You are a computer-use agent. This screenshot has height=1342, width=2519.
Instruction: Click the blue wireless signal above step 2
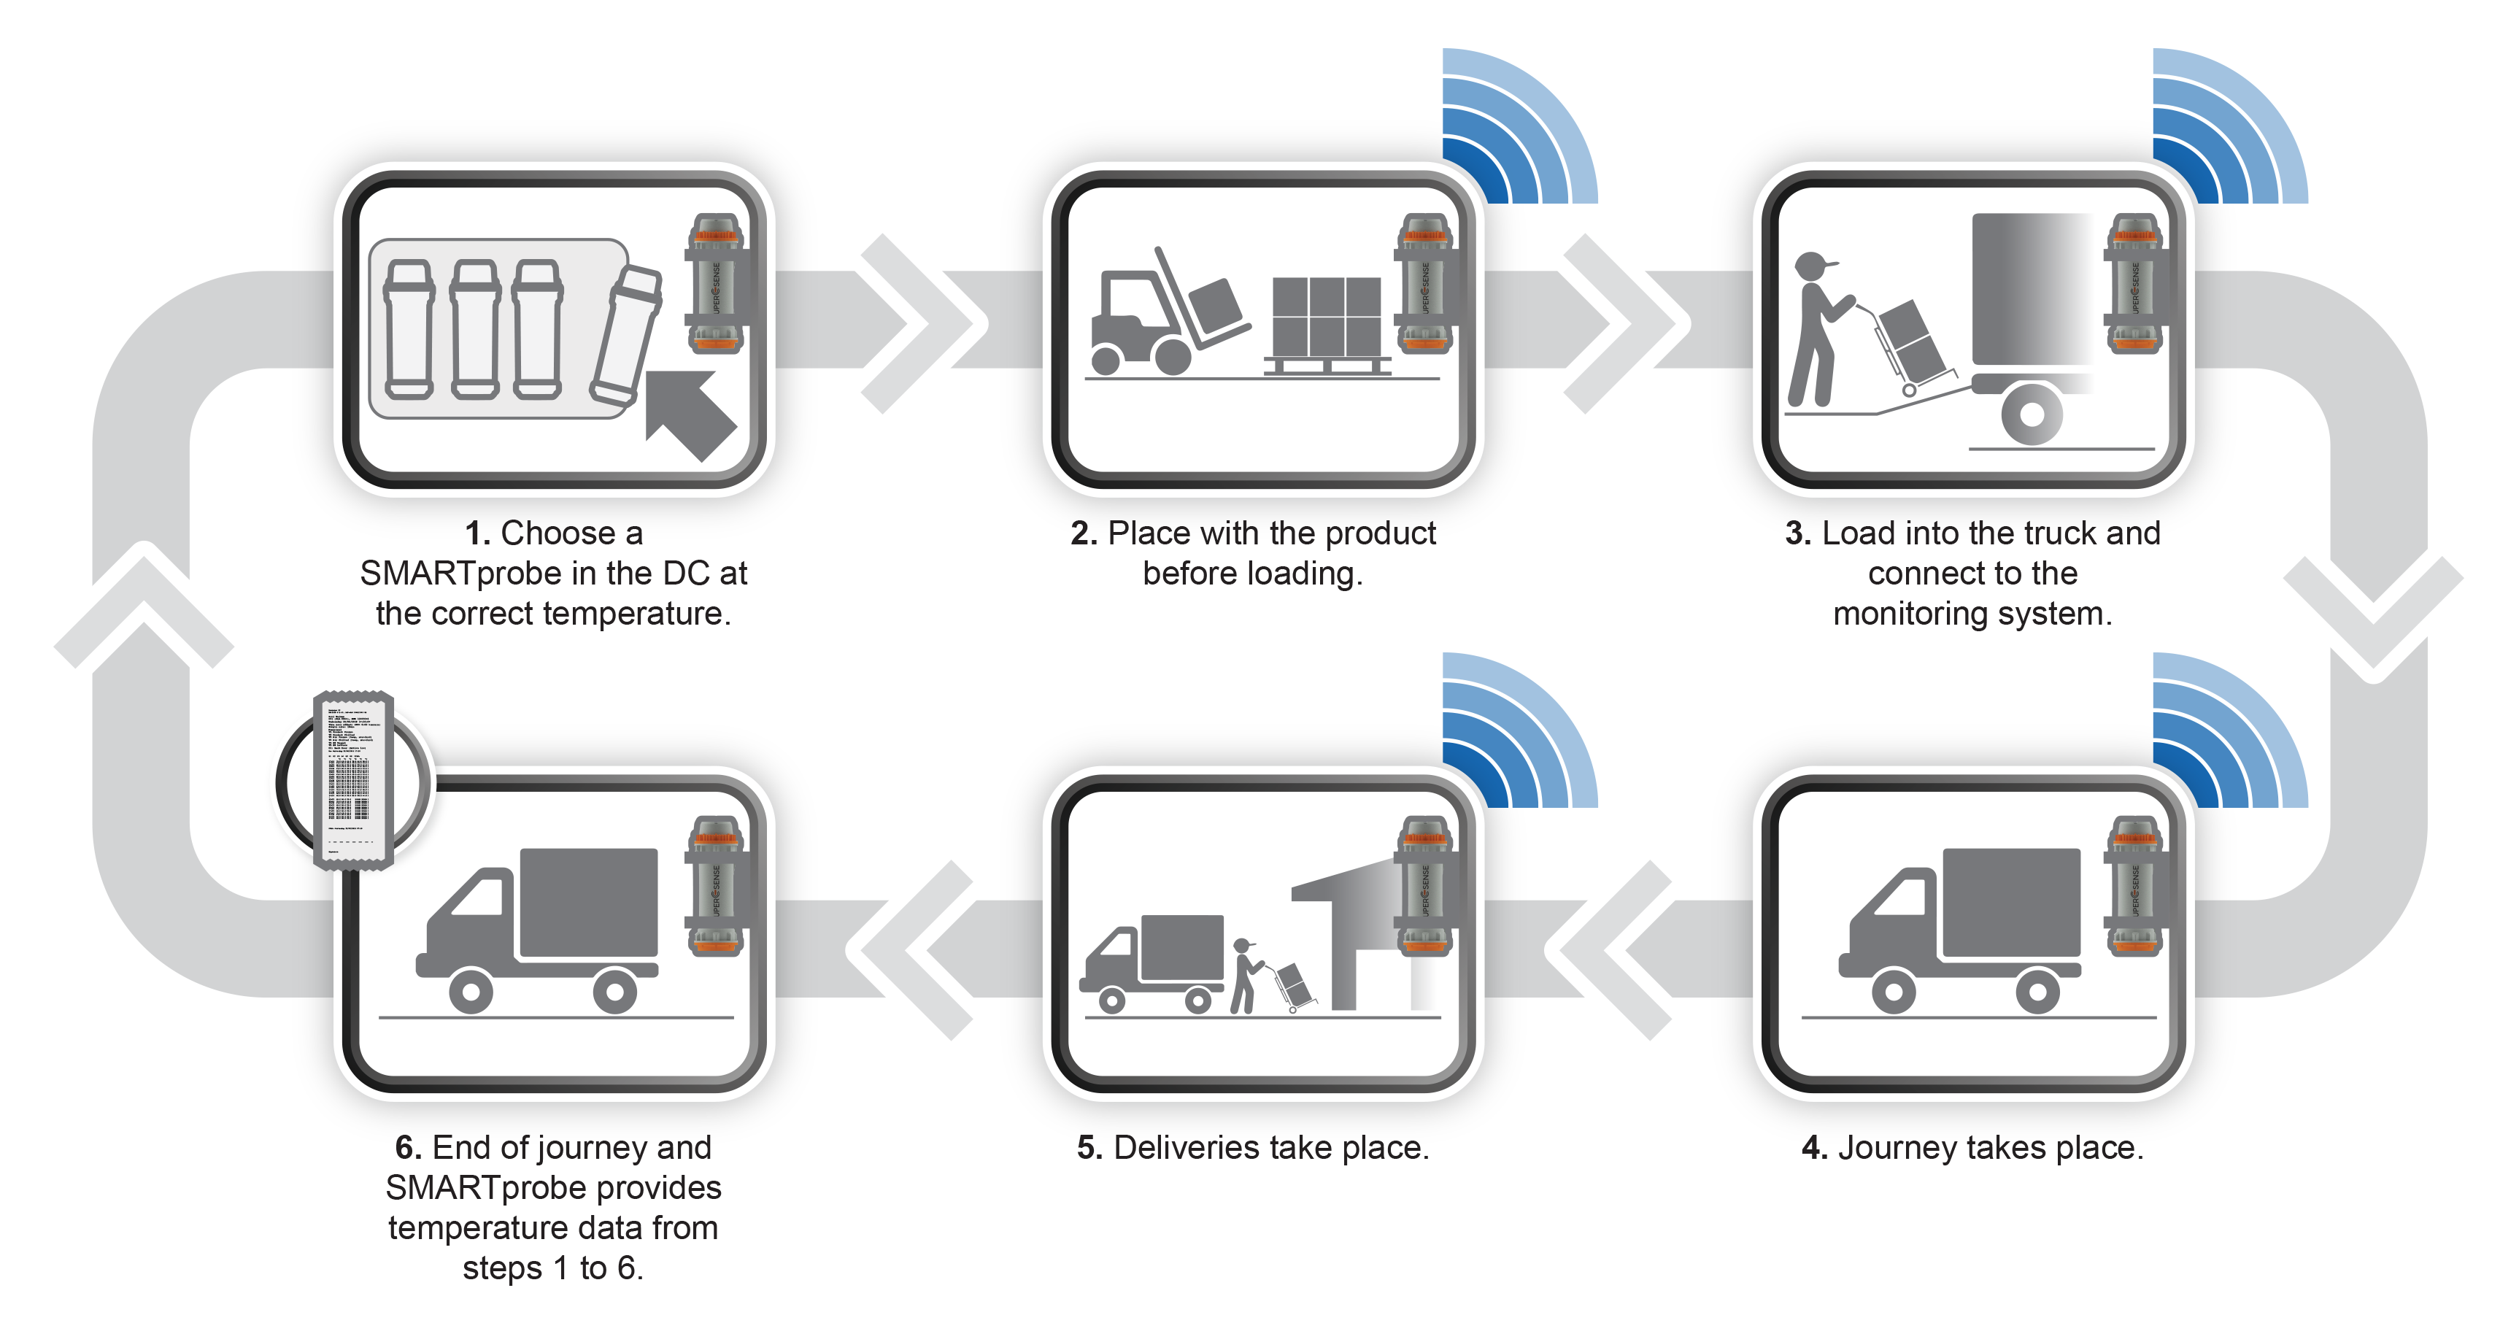click(x=1521, y=127)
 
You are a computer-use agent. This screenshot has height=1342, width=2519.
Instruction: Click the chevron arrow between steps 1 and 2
click(x=915, y=323)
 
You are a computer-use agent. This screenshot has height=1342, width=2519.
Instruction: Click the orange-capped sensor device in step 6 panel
click(x=716, y=885)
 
